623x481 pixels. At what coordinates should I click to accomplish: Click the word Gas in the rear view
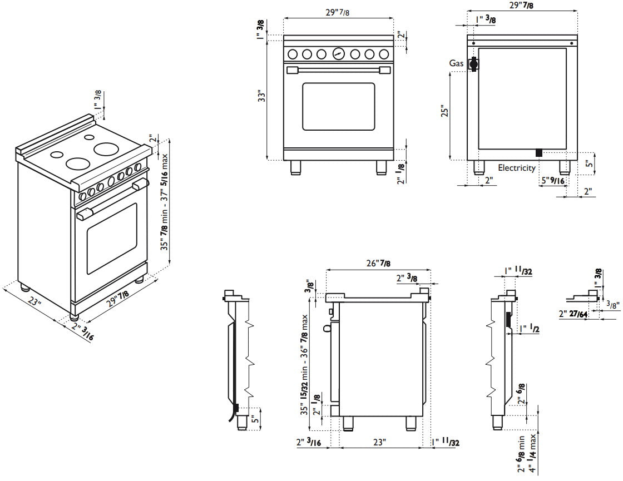click(x=456, y=63)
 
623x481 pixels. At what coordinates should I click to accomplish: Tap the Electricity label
click(x=516, y=168)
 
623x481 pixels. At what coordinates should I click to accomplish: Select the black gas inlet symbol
click(x=473, y=64)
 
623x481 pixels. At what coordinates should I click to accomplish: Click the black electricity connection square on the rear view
click(x=538, y=152)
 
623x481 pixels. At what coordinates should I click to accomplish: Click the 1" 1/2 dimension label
click(x=528, y=328)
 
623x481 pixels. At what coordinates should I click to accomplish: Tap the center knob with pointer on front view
click(x=338, y=53)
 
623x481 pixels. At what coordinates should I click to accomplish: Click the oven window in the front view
click(x=338, y=107)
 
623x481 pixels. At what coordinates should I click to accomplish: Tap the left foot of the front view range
click(x=295, y=167)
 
